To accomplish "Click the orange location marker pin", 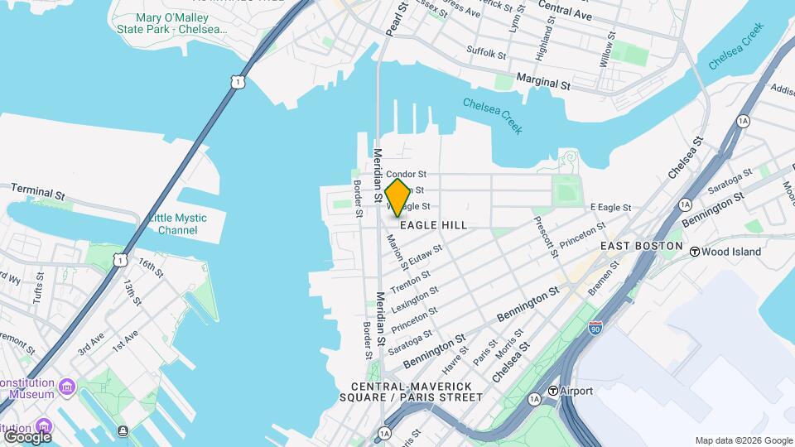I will coord(397,197).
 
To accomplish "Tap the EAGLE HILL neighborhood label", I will coord(434,225).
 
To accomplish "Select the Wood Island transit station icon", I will coord(696,251).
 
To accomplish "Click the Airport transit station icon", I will coord(552,391).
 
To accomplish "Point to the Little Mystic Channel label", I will coord(178,223).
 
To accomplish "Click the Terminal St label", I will coord(37,192).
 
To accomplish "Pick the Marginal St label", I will coord(543,80).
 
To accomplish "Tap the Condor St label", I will coord(406,175).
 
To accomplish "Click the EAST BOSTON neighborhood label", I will coord(641,247).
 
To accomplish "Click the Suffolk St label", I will coord(486,54).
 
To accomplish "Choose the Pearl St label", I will coord(397,18).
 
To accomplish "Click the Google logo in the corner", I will coord(27,436).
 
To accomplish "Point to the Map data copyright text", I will coord(743,440).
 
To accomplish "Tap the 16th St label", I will coord(151,269).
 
